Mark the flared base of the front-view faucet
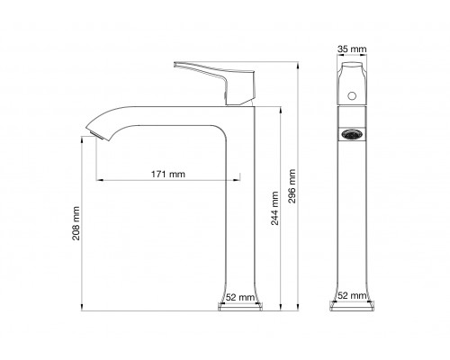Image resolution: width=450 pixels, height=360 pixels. tap(351, 306)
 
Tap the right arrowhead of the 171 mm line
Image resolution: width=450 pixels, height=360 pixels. tap(241, 179)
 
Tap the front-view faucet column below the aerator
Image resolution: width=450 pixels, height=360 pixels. tap(351, 216)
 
